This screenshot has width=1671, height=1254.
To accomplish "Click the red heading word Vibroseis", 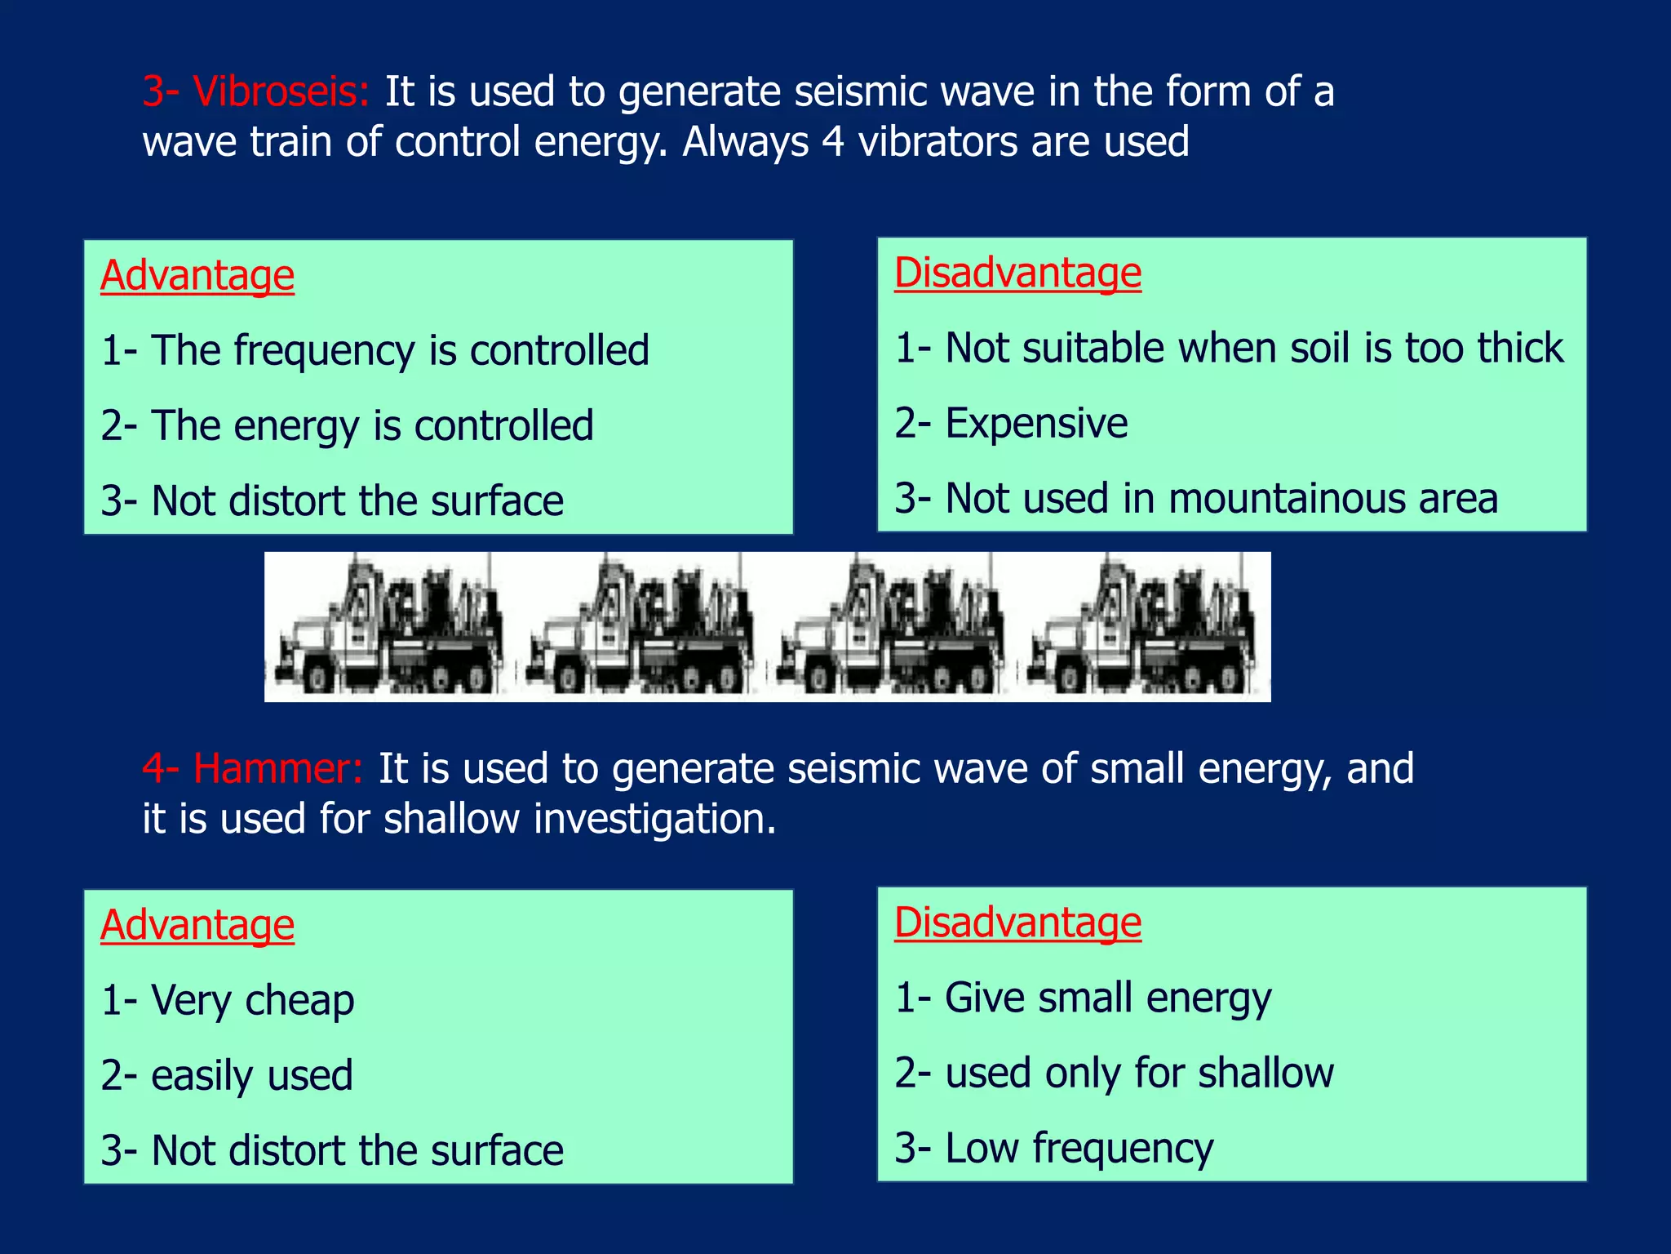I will [x=281, y=91].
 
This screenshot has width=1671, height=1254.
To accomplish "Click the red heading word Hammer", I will [x=277, y=769].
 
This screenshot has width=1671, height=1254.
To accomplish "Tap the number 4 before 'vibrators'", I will [x=831, y=142].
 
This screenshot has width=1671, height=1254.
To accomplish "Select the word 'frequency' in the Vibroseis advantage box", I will [x=326, y=351].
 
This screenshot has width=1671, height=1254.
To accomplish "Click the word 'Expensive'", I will [x=1036, y=424].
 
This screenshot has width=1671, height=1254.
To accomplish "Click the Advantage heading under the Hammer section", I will [x=197, y=926].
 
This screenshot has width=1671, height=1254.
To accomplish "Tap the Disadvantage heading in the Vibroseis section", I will [x=1017, y=273].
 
